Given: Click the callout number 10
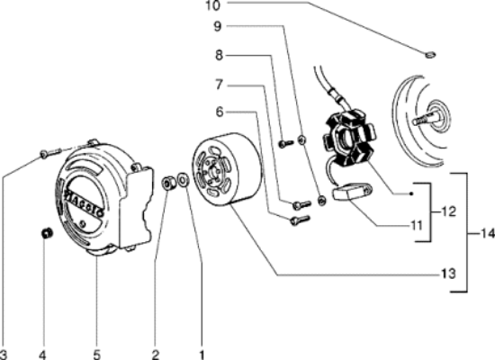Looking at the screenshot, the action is click(212, 5).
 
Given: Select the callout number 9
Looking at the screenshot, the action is click(218, 26).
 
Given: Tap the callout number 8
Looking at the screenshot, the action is click(219, 56).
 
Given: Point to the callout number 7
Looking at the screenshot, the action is click(219, 85).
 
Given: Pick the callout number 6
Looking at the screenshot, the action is click(220, 112).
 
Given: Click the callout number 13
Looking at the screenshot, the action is click(448, 274).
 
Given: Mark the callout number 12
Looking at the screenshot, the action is click(448, 211).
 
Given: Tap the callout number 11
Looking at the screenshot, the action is click(417, 226).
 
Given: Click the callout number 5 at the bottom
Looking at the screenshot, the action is click(96, 355).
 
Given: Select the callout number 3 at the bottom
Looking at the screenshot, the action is click(4, 355).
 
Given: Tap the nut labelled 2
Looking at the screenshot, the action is click(167, 184).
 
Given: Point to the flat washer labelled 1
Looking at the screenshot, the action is click(183, 180).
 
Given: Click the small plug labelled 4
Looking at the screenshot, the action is click(47, 234).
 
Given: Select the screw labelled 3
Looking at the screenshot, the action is click(50, 153).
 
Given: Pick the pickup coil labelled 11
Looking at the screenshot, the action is click(352, 192).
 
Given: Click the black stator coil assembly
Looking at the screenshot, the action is click(349, 137).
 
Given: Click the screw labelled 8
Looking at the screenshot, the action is click(286, 143).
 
